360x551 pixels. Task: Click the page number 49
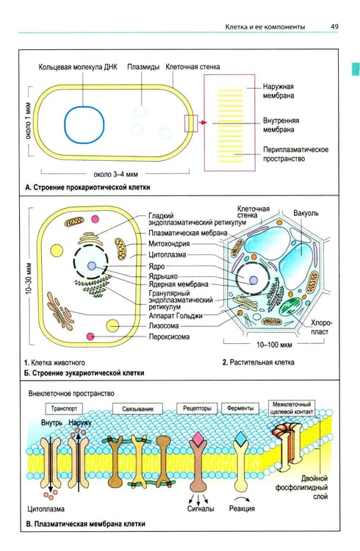334,26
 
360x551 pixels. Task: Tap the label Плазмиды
143,67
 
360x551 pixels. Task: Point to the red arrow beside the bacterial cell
202,123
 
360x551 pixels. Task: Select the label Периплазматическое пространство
295,154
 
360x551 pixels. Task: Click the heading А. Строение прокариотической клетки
87,187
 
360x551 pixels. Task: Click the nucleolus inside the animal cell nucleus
92,266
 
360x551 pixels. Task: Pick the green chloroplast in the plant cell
291,306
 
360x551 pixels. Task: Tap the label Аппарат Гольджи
175,316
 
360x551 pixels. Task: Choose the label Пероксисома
169,336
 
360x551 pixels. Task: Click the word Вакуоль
306,213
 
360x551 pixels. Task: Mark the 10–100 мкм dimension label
274,345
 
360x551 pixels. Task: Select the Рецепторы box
197,408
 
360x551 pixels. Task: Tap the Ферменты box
240,408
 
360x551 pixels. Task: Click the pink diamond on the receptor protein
198,438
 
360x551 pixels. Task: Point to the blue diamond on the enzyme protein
241,438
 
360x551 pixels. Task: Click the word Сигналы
201,508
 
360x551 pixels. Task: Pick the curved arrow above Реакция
242,499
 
